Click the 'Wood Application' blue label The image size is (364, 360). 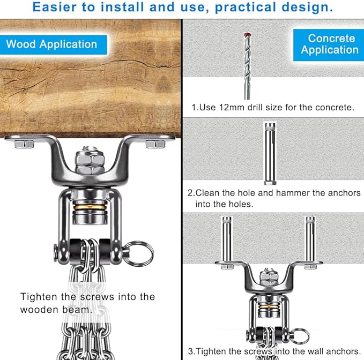54,45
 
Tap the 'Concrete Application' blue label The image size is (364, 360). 329,45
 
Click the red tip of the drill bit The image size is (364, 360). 247,35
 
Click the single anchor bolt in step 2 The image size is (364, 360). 270,154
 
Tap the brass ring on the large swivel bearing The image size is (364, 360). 90,207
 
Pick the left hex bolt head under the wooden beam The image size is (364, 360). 24,144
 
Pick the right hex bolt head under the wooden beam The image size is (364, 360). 155,144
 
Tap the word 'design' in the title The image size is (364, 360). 307,7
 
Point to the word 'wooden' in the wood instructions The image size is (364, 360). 39,310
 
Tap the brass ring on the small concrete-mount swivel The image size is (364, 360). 269,307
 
